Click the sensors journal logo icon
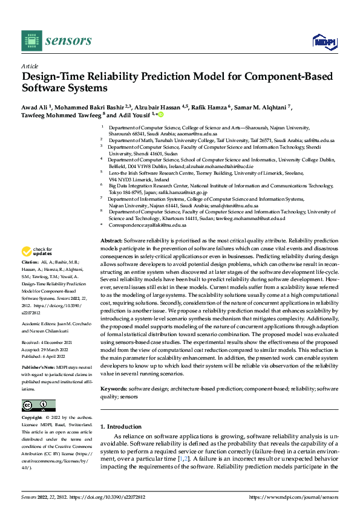pyautogui.click(x=30, y=41)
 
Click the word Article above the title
pyautogui.click(x=30, y=66)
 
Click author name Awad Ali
pyautogui.click(x=34, y=108)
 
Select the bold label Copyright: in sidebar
pyautogui.click(x=33, y=418)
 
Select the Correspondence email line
pyautogui.click(x=155, y=225)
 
